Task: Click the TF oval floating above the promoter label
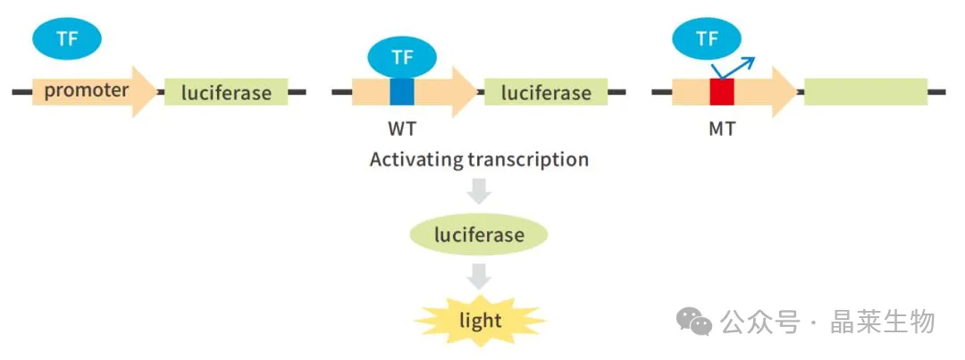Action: [x=67, y=38]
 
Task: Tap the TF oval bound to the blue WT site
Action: [x=402, y=58]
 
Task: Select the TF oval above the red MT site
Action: [x=707, y=39]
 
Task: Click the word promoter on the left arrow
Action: [x=87, y=91]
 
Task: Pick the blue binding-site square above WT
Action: [x=402, y=92]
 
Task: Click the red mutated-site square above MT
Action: [x=722, y=92]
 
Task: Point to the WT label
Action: [x=402, y=130]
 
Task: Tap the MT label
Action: [x=722, y=130]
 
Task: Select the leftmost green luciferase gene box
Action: [x=226, y=92]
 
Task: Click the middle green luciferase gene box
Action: [x=546, y=92]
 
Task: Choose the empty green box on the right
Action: [x=866, y=92]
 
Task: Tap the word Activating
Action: [x=416, y=160]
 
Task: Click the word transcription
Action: [x=528, y=160]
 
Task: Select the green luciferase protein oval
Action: [x=479, y=234]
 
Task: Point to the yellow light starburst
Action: [x=480, y=321]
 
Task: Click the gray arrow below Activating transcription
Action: [x=479, y=190]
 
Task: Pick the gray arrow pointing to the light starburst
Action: [x=479, y=276]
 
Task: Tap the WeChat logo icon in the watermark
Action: [x=694, y=322]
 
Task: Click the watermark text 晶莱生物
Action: [x=883, y=322]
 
